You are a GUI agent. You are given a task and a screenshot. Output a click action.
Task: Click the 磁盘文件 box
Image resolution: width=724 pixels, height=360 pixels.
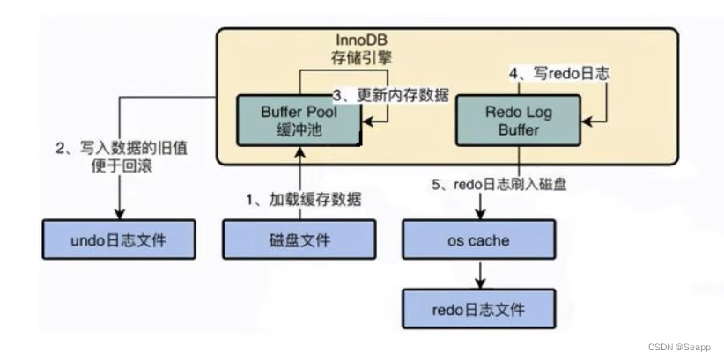coord(299,239)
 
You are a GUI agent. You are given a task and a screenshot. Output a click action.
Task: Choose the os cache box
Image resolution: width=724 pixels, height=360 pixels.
coord(479,239)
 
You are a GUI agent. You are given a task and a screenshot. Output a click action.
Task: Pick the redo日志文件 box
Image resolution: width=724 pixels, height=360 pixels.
coord(479,309)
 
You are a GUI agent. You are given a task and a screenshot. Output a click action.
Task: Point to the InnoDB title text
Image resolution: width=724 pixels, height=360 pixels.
coord(362,41)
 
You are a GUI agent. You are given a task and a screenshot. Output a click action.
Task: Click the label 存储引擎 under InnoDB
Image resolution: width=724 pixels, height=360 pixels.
coord(362,60)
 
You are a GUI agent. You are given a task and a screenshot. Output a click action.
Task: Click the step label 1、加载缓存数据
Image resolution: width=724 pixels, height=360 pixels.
coord(301,200)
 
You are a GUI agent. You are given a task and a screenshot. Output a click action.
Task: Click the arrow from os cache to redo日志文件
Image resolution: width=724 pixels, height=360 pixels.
coord(479,275)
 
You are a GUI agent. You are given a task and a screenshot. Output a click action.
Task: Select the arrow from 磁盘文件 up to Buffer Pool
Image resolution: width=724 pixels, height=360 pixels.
coord(300,180)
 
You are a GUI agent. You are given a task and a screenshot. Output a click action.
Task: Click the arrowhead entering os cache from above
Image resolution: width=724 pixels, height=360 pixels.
coord(479,215)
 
